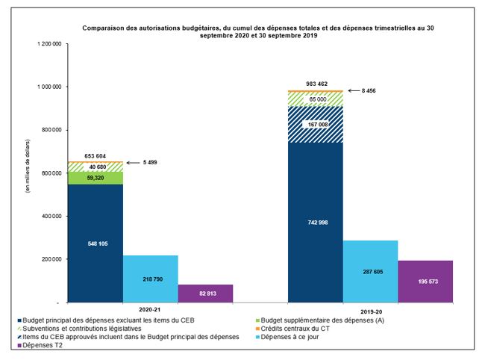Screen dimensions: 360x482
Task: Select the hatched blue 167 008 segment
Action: [x=316, y=124]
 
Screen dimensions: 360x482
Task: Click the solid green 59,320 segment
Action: [x=96, y=178]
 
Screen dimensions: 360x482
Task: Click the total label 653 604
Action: [x=96, y=155]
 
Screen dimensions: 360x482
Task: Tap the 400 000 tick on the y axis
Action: [x=48, y=217]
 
